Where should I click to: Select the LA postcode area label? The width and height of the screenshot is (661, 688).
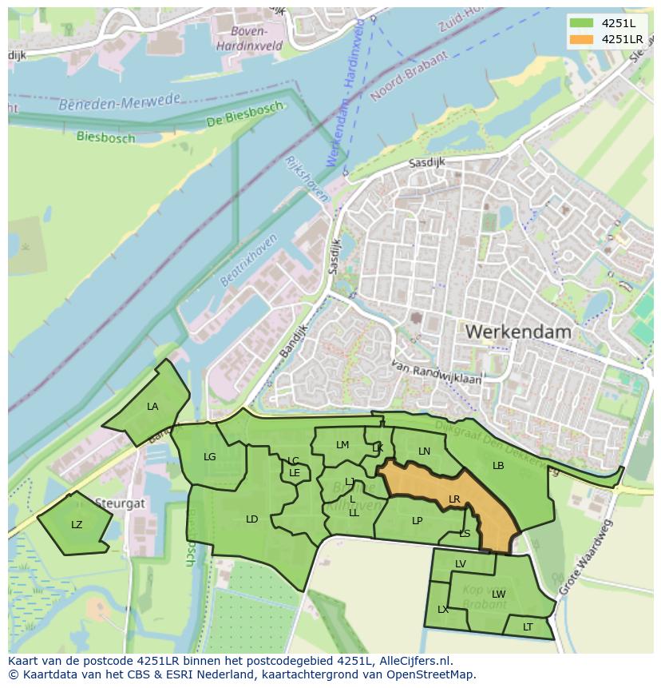152,407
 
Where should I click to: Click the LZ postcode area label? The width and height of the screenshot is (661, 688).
77,525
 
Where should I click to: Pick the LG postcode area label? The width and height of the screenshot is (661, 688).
210,457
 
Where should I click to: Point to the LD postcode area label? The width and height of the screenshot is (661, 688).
251,519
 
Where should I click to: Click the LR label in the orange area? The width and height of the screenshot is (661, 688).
454,499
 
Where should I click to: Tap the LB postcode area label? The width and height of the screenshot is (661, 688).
498,466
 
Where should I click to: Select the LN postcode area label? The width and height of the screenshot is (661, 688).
424,451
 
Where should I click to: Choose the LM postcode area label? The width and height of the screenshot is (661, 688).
342,445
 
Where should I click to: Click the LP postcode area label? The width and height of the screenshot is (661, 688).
417,521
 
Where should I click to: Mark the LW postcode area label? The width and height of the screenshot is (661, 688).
499,594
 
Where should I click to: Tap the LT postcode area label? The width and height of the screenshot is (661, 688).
528,627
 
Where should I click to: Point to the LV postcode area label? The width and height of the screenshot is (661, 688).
461,564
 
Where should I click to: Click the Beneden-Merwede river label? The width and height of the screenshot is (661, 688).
120,102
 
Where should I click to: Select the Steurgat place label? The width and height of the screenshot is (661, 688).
120,504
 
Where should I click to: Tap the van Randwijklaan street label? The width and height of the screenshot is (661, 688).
437,373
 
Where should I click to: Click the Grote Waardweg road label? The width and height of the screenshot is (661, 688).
588,557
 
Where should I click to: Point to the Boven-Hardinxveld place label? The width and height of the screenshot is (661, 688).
249,38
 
